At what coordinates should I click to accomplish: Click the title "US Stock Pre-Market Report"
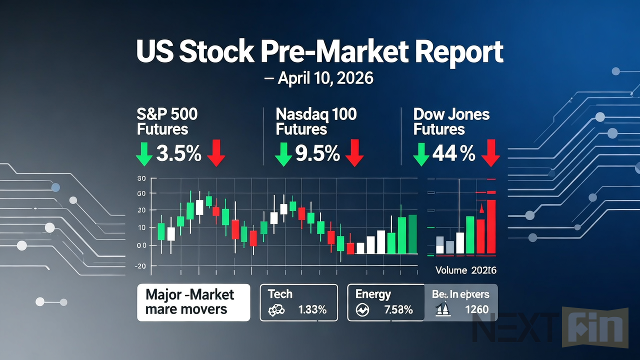(320, 52)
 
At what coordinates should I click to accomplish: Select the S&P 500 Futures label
(167, 121)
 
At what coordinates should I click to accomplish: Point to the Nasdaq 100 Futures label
(316, 121)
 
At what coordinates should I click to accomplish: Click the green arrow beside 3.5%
(144, 154)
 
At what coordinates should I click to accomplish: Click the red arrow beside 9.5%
(354, 153)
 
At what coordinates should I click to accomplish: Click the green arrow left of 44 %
(421, 154)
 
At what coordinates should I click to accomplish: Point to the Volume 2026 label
(465, 270)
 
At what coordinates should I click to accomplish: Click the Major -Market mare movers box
(193, 302)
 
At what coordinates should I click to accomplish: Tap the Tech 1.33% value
(312, 310)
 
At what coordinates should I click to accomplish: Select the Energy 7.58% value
(398, 310)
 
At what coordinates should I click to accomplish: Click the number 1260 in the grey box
(476, 309)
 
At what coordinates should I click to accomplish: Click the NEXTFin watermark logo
(550, 328)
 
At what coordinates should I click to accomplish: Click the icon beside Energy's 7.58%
(362, 310)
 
